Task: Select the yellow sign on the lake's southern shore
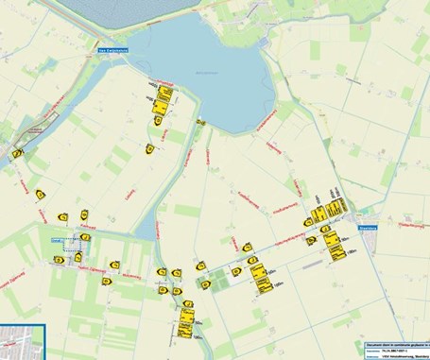pos(200,122)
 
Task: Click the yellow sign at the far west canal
pos(17,153)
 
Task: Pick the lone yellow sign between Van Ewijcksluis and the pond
pos(148,148)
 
